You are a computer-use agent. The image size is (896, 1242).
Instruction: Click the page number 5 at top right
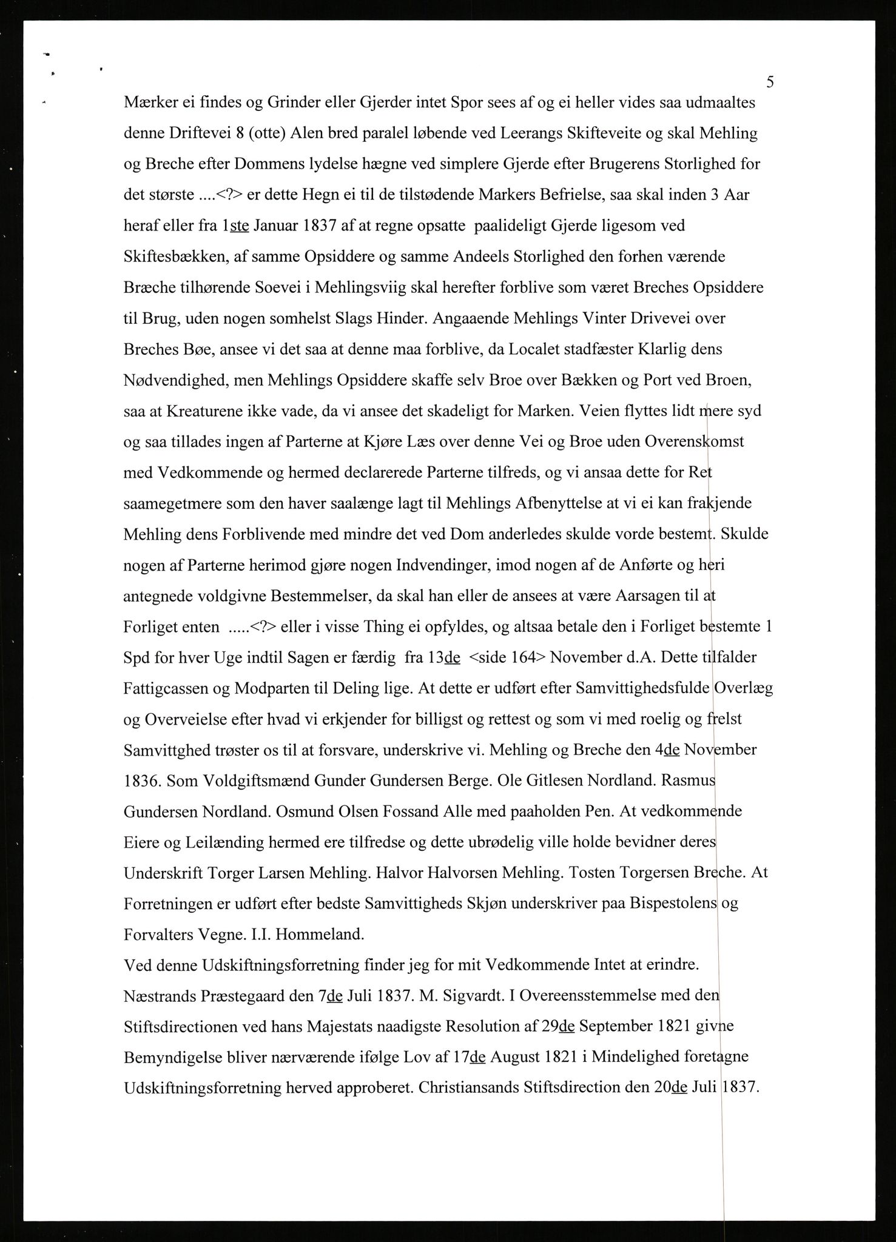tap(770, 82)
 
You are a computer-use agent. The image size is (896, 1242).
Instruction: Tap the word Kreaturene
tap(206, 411)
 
